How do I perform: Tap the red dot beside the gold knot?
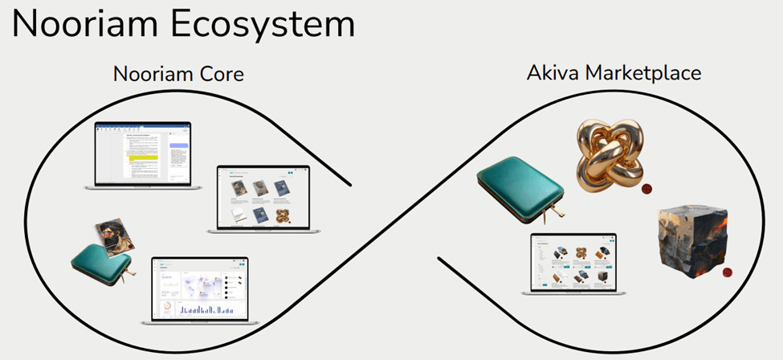point(646,190)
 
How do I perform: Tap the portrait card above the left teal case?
point(114,236)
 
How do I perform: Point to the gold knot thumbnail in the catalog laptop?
point(282,215)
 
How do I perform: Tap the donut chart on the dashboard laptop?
point(166,309)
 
